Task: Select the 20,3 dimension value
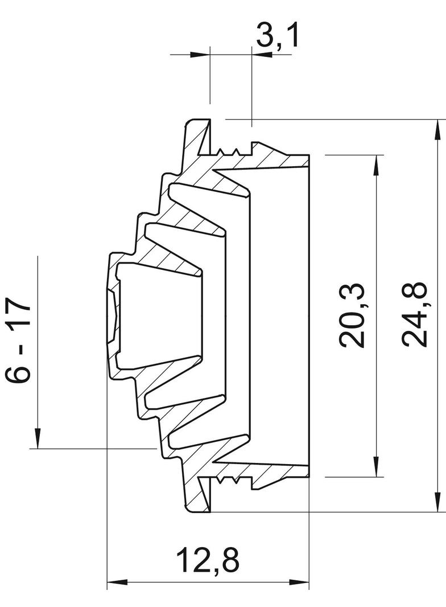[x=352, y=315]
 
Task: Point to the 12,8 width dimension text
[x=208, y=560]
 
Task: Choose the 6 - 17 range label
[x=18, y=341]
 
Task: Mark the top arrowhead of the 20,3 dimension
[x=375, y=165]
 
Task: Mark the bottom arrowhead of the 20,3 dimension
[x=375, y=466]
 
